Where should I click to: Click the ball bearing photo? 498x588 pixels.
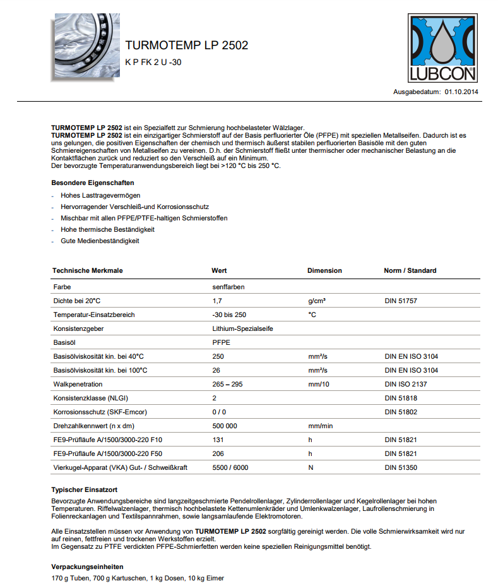point(83,45)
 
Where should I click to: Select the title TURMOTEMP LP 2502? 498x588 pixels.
point(186,45)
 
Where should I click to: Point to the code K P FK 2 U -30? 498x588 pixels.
point(153,63)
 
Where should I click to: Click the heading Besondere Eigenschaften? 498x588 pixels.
point(92,183)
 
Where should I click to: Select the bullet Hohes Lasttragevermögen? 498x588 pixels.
point(100,195)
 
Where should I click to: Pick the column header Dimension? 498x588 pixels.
point(324,270)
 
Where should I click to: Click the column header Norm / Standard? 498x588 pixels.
point(410,270)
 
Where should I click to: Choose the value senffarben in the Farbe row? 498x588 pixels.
point(228,287)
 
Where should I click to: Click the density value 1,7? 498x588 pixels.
point(217,301)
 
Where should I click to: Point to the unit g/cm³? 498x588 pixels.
point(317,301)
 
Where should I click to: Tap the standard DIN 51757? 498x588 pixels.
point(400,301)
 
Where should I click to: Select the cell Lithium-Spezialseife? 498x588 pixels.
point(243,328)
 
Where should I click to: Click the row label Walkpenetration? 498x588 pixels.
point(78,384)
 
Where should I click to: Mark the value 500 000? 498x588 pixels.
point(225,426)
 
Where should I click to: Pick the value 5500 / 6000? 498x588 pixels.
point(230,467)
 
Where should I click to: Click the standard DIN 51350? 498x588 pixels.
point(400,467)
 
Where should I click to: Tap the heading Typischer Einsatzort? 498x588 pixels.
point(85,489)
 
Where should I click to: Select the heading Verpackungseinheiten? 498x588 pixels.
point(87,567)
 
